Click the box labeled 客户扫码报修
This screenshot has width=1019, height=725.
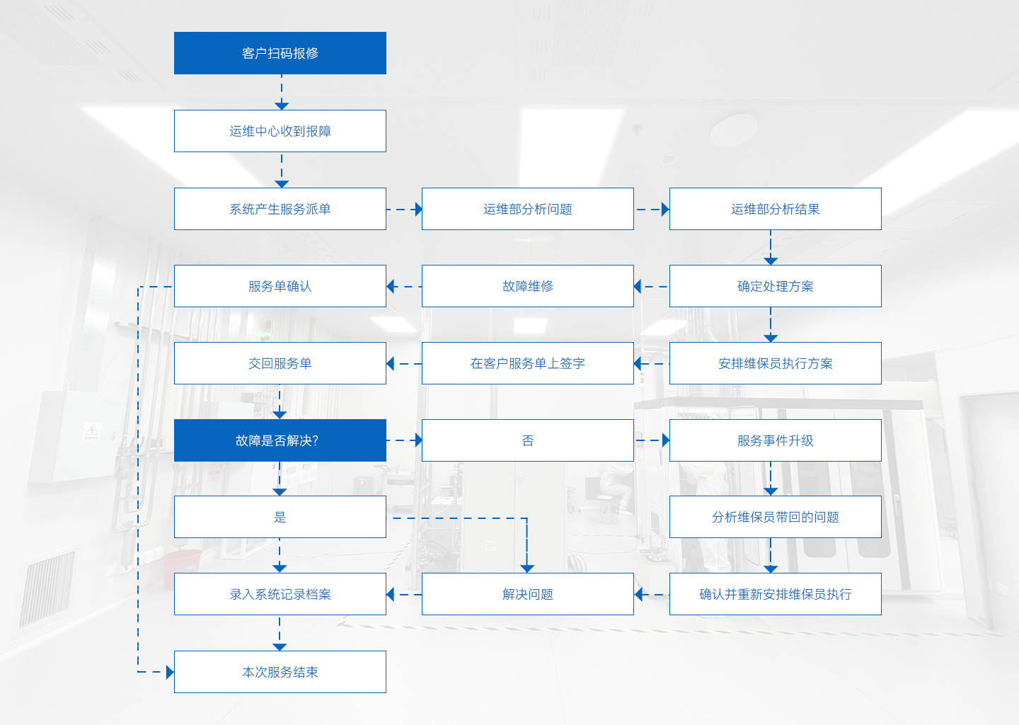[280, 53]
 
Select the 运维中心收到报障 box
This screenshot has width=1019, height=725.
[280, 131]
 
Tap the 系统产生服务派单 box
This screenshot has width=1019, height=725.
[280, 209]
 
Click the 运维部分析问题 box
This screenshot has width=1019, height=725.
[528, 209]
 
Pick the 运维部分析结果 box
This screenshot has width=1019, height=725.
[775, 209]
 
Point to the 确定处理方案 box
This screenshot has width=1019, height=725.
[775, 286]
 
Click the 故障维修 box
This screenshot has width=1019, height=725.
[528, 286]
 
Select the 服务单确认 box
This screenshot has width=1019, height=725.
[280, 286]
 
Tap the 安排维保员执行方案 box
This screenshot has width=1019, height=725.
[775, 363]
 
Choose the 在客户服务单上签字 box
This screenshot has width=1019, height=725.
[528, 363]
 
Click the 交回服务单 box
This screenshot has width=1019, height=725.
[280, 363]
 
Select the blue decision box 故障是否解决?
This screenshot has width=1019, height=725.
[280, 440]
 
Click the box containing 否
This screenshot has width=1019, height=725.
[528, 440]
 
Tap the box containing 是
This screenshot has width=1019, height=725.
[280, 517]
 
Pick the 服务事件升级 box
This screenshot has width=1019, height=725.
[775, 440]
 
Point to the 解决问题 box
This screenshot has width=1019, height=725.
[528, 594]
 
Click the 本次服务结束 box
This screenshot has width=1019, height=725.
[280, 672]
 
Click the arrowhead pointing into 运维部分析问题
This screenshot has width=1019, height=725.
[418, 210]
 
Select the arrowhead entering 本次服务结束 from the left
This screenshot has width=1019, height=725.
[170, 672]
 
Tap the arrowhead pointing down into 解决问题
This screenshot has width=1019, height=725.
[526, 569]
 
